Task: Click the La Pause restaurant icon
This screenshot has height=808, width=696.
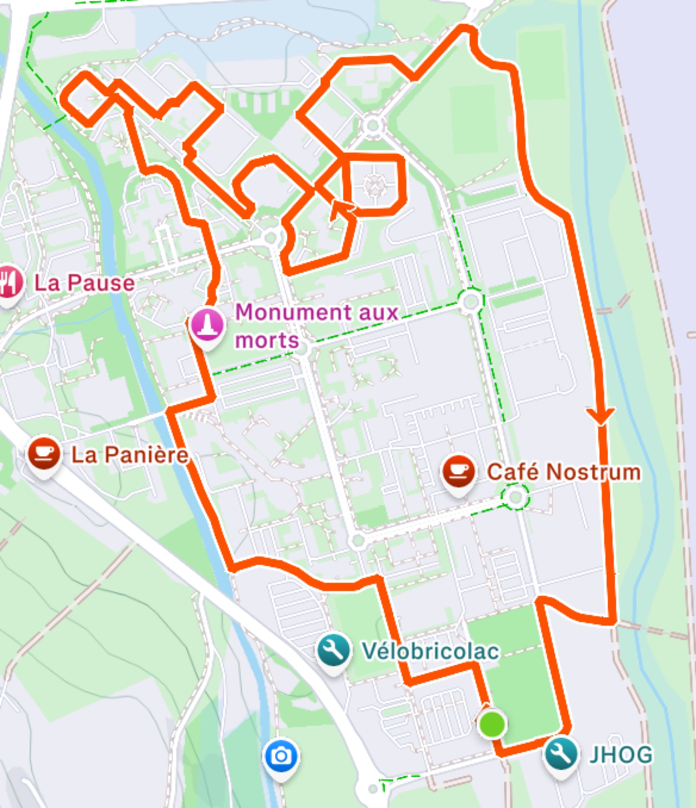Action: [9, 282]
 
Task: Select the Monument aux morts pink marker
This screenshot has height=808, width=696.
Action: [207, 326]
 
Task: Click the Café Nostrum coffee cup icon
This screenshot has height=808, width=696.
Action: [459, 472]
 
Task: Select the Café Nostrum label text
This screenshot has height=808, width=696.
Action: [563, 472]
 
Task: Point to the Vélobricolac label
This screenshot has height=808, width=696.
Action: [430, 651]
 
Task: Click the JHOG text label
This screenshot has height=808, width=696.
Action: [621, 755]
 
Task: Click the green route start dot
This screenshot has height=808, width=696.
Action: [492, 724]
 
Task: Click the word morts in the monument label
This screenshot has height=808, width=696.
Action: [267, 341]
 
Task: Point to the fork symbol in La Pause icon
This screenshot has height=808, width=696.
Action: [5, 281]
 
